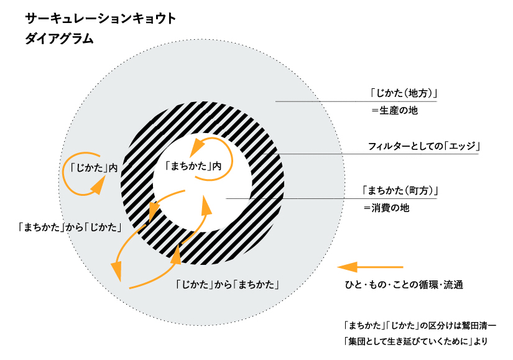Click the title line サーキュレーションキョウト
point(100,18)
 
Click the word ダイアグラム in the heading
point(60,39)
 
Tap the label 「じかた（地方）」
point(403,94)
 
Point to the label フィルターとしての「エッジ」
point(425,147)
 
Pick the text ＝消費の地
point(386,208)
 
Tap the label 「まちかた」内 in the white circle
point(194,166)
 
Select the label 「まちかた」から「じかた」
point(70,228)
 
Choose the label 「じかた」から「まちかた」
point(226,285)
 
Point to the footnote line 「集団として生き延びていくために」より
point(415,341)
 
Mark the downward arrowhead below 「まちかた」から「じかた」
point(116,271)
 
